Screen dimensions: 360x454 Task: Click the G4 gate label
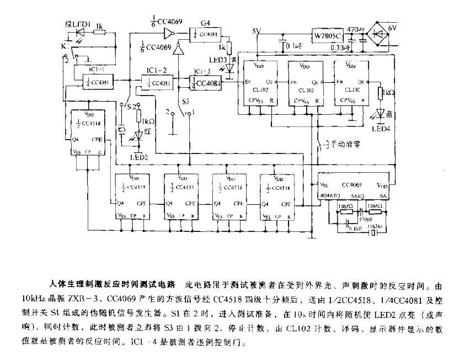205,23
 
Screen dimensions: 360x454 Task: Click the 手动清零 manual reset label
345,145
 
